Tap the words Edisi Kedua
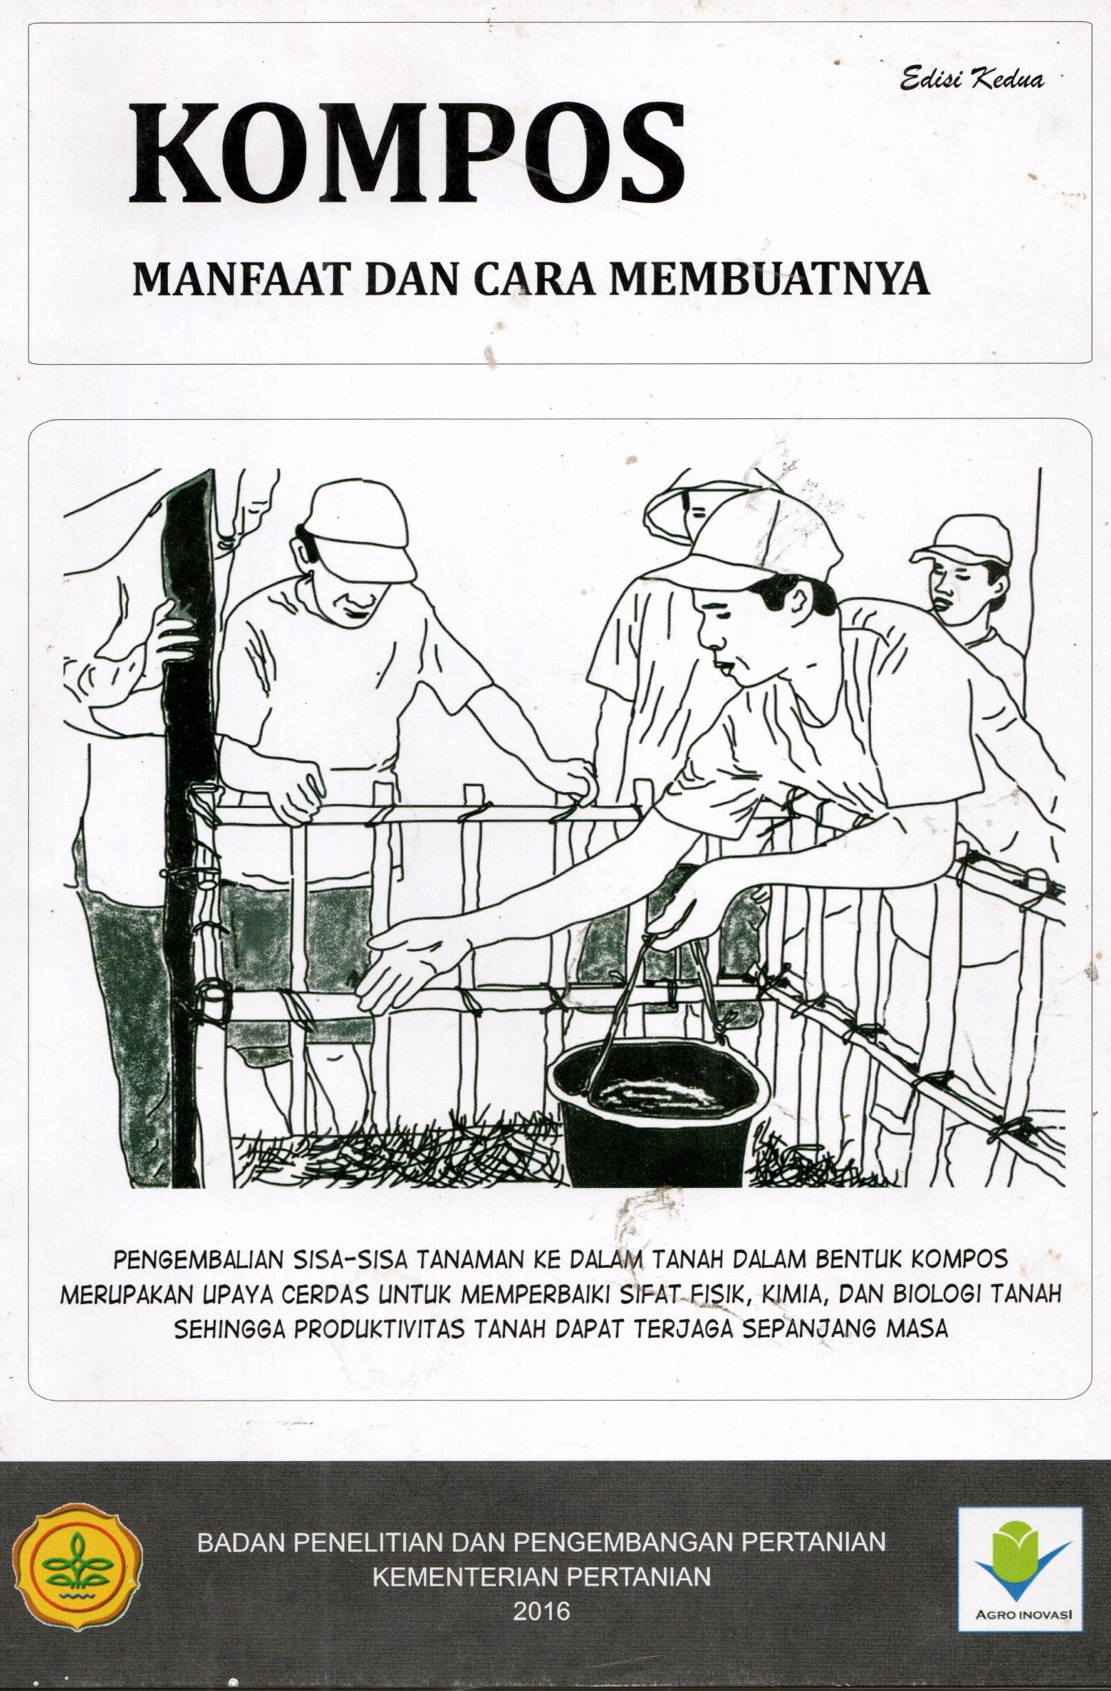point(973,81)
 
